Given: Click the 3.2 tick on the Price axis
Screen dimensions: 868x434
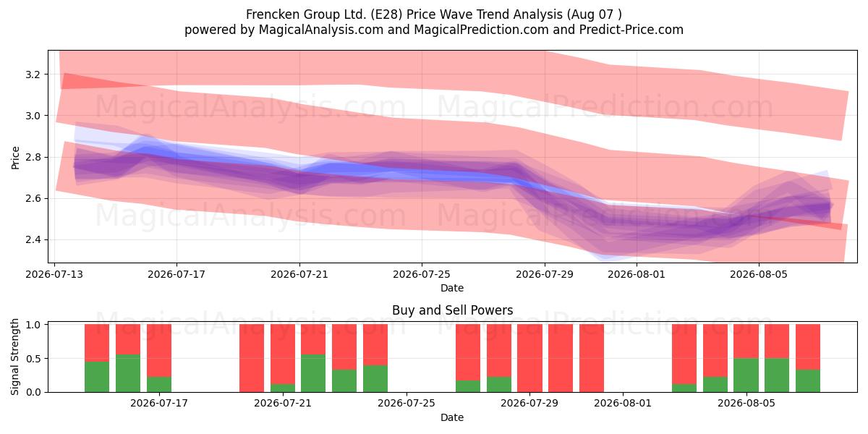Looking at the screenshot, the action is (x=33, y=75).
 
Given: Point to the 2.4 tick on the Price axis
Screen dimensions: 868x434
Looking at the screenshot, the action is (x=33, y=240).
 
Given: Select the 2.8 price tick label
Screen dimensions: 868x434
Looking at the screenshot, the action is (x=33, y=158).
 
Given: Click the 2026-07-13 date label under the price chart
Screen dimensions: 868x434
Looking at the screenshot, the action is (x=54, y=274).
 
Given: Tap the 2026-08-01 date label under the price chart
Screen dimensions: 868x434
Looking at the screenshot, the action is (x=637, y=274).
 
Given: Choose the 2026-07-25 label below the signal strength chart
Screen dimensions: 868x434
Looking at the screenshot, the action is (x=406, y=403).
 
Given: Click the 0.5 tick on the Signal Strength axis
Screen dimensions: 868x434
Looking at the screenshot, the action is (x=33, y=359).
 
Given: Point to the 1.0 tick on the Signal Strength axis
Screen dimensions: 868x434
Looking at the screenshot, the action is (x=33, y=325).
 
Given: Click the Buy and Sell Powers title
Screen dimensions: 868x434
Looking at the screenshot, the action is (x=452, y=310).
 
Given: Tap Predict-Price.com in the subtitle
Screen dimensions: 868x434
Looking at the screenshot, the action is (x=631, y=30).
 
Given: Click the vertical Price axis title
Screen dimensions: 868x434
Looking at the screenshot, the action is (x=15, y=158).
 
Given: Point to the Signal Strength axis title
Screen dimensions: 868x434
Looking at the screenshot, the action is (x=14, y=357).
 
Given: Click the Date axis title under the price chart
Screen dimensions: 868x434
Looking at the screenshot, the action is (x=452, y=288).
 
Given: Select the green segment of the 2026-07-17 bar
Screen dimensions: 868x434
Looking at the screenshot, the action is (x=159, y=384).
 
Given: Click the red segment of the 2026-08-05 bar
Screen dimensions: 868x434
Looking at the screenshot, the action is (x=746, y=341).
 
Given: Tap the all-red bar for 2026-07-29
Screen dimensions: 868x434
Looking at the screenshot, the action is (x=529, y=358).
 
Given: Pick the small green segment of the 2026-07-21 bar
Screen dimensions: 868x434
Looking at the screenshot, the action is (x=283, y=388).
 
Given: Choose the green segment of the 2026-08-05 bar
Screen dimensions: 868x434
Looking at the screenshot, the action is (x=746, y=375).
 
